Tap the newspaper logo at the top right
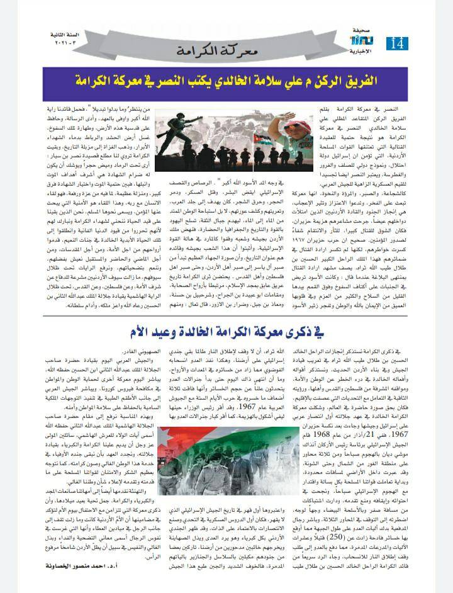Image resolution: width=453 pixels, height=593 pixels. pos(367,41)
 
